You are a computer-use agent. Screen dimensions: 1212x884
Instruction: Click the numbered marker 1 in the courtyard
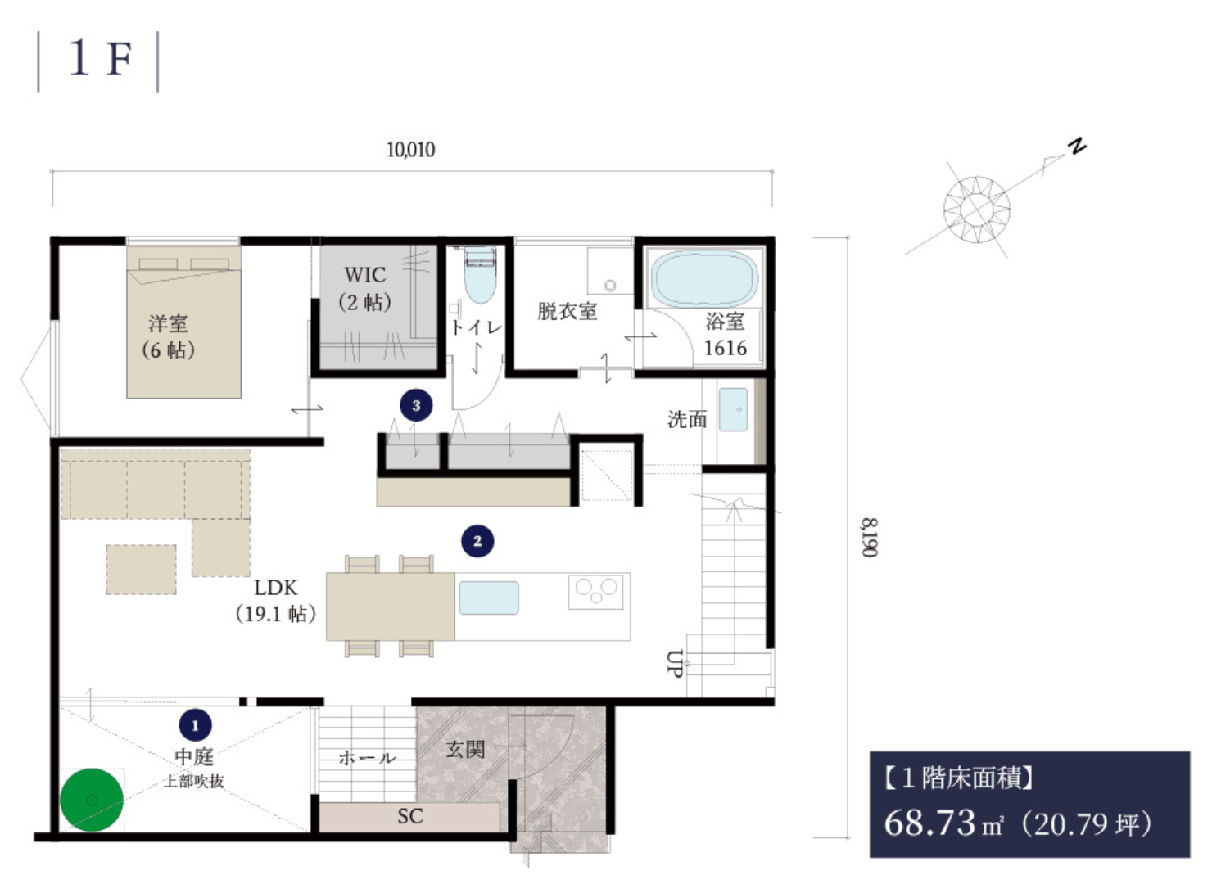point(196,725)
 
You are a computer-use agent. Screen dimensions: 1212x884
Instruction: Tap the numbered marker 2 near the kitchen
point(477,541)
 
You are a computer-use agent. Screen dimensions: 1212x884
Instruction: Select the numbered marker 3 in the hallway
point(416,405)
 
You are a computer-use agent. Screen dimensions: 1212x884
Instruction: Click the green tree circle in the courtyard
point(92,800)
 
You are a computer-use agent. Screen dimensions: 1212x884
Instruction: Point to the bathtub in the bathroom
point(704,279)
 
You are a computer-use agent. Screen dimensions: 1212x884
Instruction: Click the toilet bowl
point(480,276)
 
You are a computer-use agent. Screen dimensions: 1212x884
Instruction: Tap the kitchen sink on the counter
point(489,598)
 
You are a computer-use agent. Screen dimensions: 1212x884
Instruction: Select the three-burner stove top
point(595,592)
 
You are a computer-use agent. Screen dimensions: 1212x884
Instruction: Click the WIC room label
point(365,275)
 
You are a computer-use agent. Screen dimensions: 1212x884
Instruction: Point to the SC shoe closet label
point(409,816)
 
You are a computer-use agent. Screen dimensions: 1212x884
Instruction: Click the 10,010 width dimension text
point(410,149)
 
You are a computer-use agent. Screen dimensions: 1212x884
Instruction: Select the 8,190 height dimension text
point(869,537)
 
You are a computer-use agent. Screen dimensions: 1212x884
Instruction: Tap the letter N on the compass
point(1077,146)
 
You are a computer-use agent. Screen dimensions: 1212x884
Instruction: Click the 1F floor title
point(101,58)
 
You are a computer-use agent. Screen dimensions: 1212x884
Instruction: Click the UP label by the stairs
point(674,663)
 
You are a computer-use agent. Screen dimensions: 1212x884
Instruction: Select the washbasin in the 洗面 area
point(733,409)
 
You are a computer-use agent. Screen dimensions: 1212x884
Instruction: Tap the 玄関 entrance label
point(465,749)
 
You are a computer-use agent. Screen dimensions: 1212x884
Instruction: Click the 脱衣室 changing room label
point(567,311)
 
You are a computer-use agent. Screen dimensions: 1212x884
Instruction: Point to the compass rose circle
point(977,210)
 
